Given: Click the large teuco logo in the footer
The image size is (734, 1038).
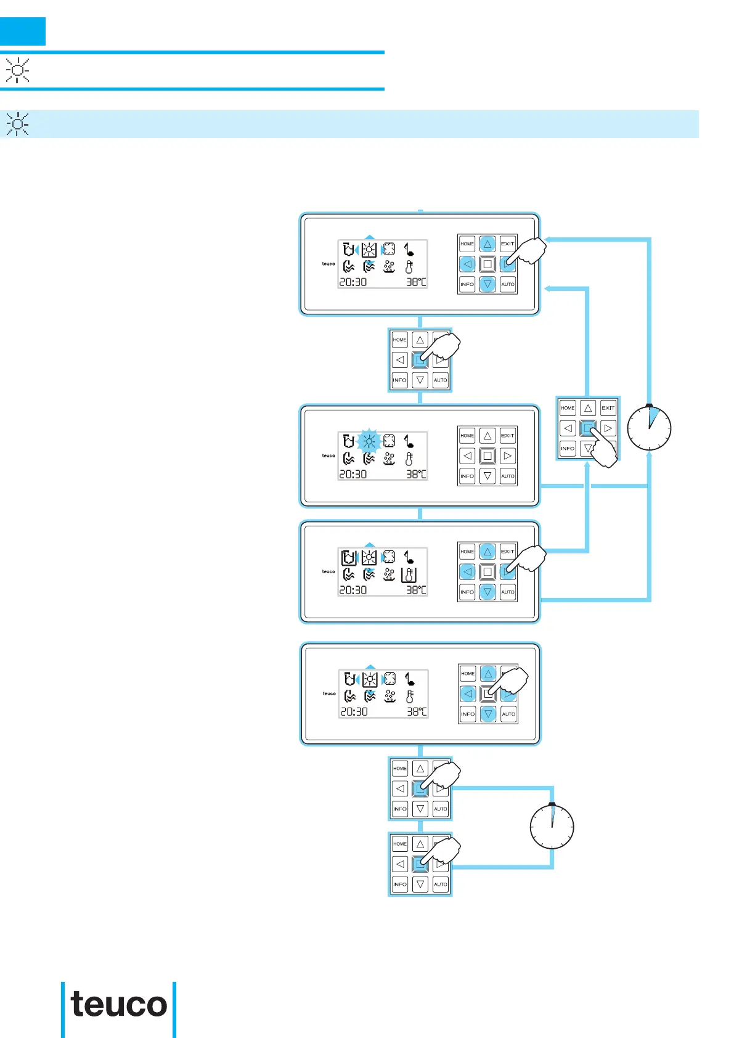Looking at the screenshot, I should (119, 1005).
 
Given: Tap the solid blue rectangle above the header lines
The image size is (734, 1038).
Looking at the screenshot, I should (23, 31).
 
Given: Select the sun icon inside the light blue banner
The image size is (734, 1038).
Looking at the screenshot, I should (18, 125).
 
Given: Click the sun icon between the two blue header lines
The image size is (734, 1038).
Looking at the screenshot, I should (18, 71).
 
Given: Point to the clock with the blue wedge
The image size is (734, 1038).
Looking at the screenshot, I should (649, 427).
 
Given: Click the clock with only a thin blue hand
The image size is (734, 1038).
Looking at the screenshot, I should (552, 827).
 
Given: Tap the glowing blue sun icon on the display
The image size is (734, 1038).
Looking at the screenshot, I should (369, 441).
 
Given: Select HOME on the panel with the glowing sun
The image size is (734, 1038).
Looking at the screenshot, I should (467, 436).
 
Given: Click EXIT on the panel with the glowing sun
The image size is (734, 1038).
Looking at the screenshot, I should (508, 436).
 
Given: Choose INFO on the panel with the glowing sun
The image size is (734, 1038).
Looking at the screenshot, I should (467, 476).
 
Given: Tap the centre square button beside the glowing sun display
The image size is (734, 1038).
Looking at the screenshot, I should (487, 456).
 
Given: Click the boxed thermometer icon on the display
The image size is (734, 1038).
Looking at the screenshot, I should (409, 574).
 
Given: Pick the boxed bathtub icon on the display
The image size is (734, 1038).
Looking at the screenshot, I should (349, 558).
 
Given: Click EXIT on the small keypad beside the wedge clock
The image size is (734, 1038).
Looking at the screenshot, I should (608, 408).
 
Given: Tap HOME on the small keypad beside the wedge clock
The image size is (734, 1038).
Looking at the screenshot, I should (568, 408).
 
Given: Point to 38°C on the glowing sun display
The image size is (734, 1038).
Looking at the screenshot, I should (417, 474).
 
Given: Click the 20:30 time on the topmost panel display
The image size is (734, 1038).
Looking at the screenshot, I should (353, 282).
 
